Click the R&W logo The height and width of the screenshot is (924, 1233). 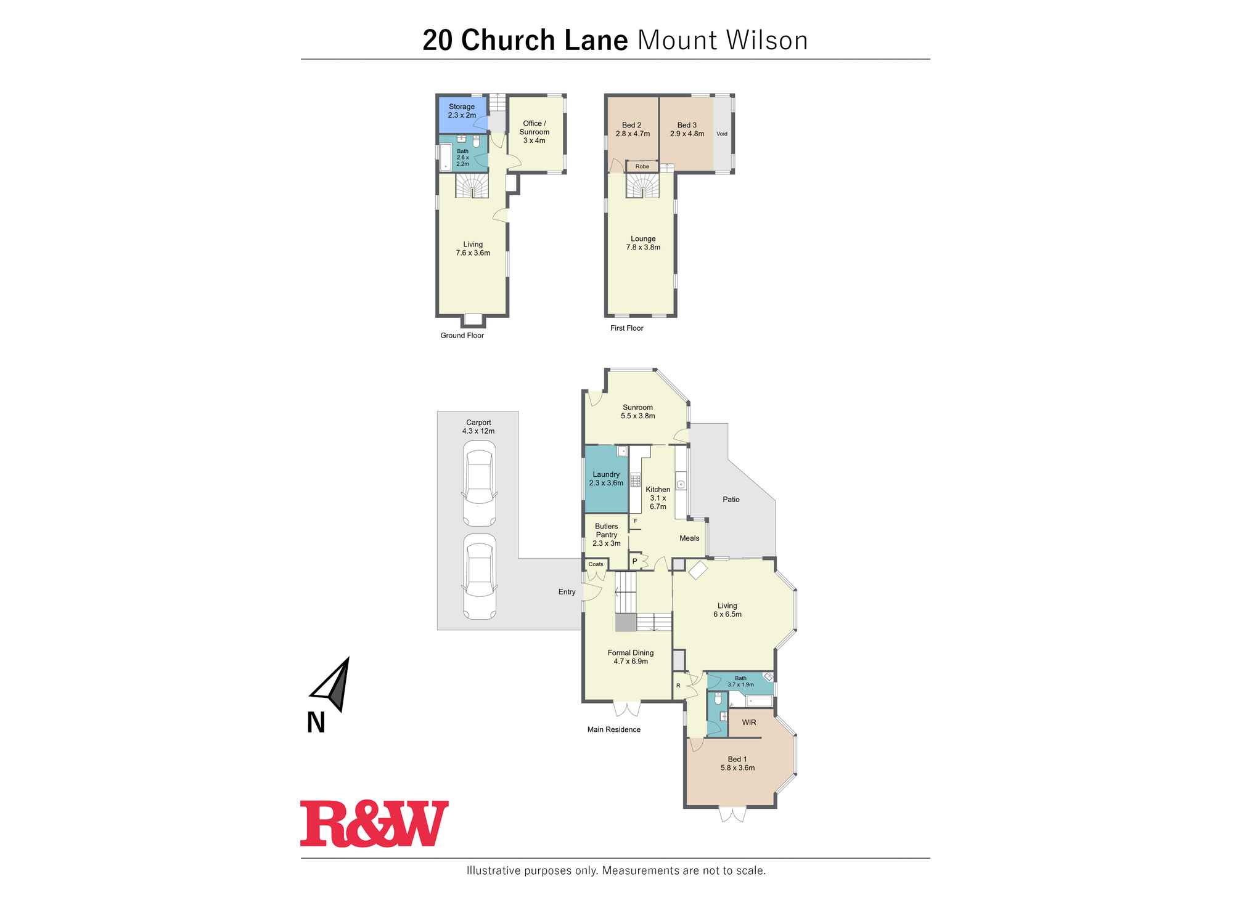tap(374, 824)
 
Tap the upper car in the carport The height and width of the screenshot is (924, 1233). tap(479, 487)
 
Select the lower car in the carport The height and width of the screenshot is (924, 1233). tap(479, 577)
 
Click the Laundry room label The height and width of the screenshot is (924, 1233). tap(606, 479)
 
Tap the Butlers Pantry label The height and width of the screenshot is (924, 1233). tap(606, 535)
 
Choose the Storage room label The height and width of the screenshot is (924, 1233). tap(462, 111)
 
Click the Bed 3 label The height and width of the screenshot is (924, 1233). tap(687, 129)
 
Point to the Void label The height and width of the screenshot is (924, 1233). tap(721, 134)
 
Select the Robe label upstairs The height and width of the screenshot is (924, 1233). tap(642, 166)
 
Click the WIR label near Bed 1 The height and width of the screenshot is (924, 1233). tap(749, 723)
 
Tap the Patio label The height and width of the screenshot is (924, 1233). tap(731, 500)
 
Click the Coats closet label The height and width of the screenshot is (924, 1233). tap(596, 564)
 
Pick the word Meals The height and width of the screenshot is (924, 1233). tap(689, 538)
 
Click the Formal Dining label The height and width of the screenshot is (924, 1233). tap(631, 657)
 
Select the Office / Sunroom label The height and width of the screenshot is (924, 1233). tap(534, 132)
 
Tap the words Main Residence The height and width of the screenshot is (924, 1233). tap(613, 730)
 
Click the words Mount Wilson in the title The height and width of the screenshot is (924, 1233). tap(722, 41)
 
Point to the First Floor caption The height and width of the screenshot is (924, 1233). tap(626, 328)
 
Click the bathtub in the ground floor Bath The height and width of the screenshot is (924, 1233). tap(445, 158)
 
